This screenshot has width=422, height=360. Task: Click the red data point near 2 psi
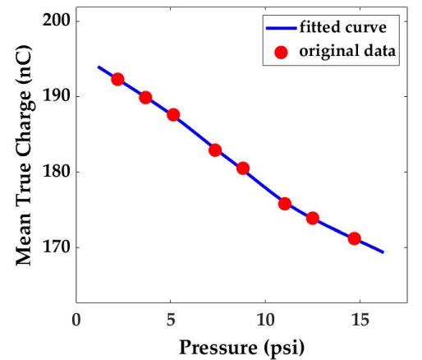pyautogui.click(x=117, y=80)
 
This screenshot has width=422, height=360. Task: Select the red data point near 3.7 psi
pyautogui.click(x=145, y=97)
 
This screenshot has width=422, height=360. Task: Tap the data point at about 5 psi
pyautogui.click(x=173, y=115)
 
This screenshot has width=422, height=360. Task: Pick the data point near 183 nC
pyautogui.click(x=215, y=150)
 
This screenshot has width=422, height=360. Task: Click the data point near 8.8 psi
pyautogui.click(x=243, y=168)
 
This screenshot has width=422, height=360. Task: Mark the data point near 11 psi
pyautogui.click(x=285, y=204)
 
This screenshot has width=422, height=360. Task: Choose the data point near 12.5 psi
pyautogui.click(x=313, y=219)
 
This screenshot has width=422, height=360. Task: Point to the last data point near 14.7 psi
pyautogui.click(x=355, y=238)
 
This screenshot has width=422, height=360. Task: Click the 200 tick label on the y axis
pyautogui.click(x=55, y=21)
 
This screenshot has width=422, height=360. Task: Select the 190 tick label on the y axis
pyautogui.click(x=55, y=96)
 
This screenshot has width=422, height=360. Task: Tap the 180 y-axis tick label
pyautogui.click(x=55, y=172)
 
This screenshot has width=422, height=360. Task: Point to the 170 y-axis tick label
pyautogui.click(x=55, y=247)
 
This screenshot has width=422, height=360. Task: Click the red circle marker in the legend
pyautogui.click(x=281, y=52)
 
